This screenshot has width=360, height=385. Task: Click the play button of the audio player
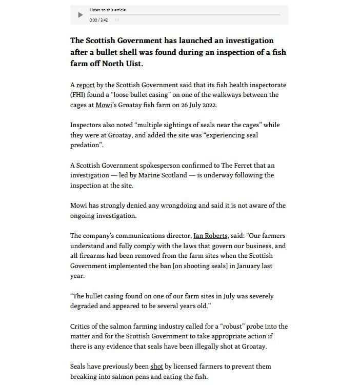coord(80,15)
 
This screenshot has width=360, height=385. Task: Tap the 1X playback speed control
coord(117,20)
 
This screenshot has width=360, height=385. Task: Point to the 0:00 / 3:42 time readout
coord(98,20)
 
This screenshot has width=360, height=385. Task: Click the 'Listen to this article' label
coord(107,10)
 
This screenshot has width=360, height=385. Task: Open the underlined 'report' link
coord(85,85)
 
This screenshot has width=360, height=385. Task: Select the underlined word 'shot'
coord(156,367)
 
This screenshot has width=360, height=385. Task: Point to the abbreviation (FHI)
coord(79,95)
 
